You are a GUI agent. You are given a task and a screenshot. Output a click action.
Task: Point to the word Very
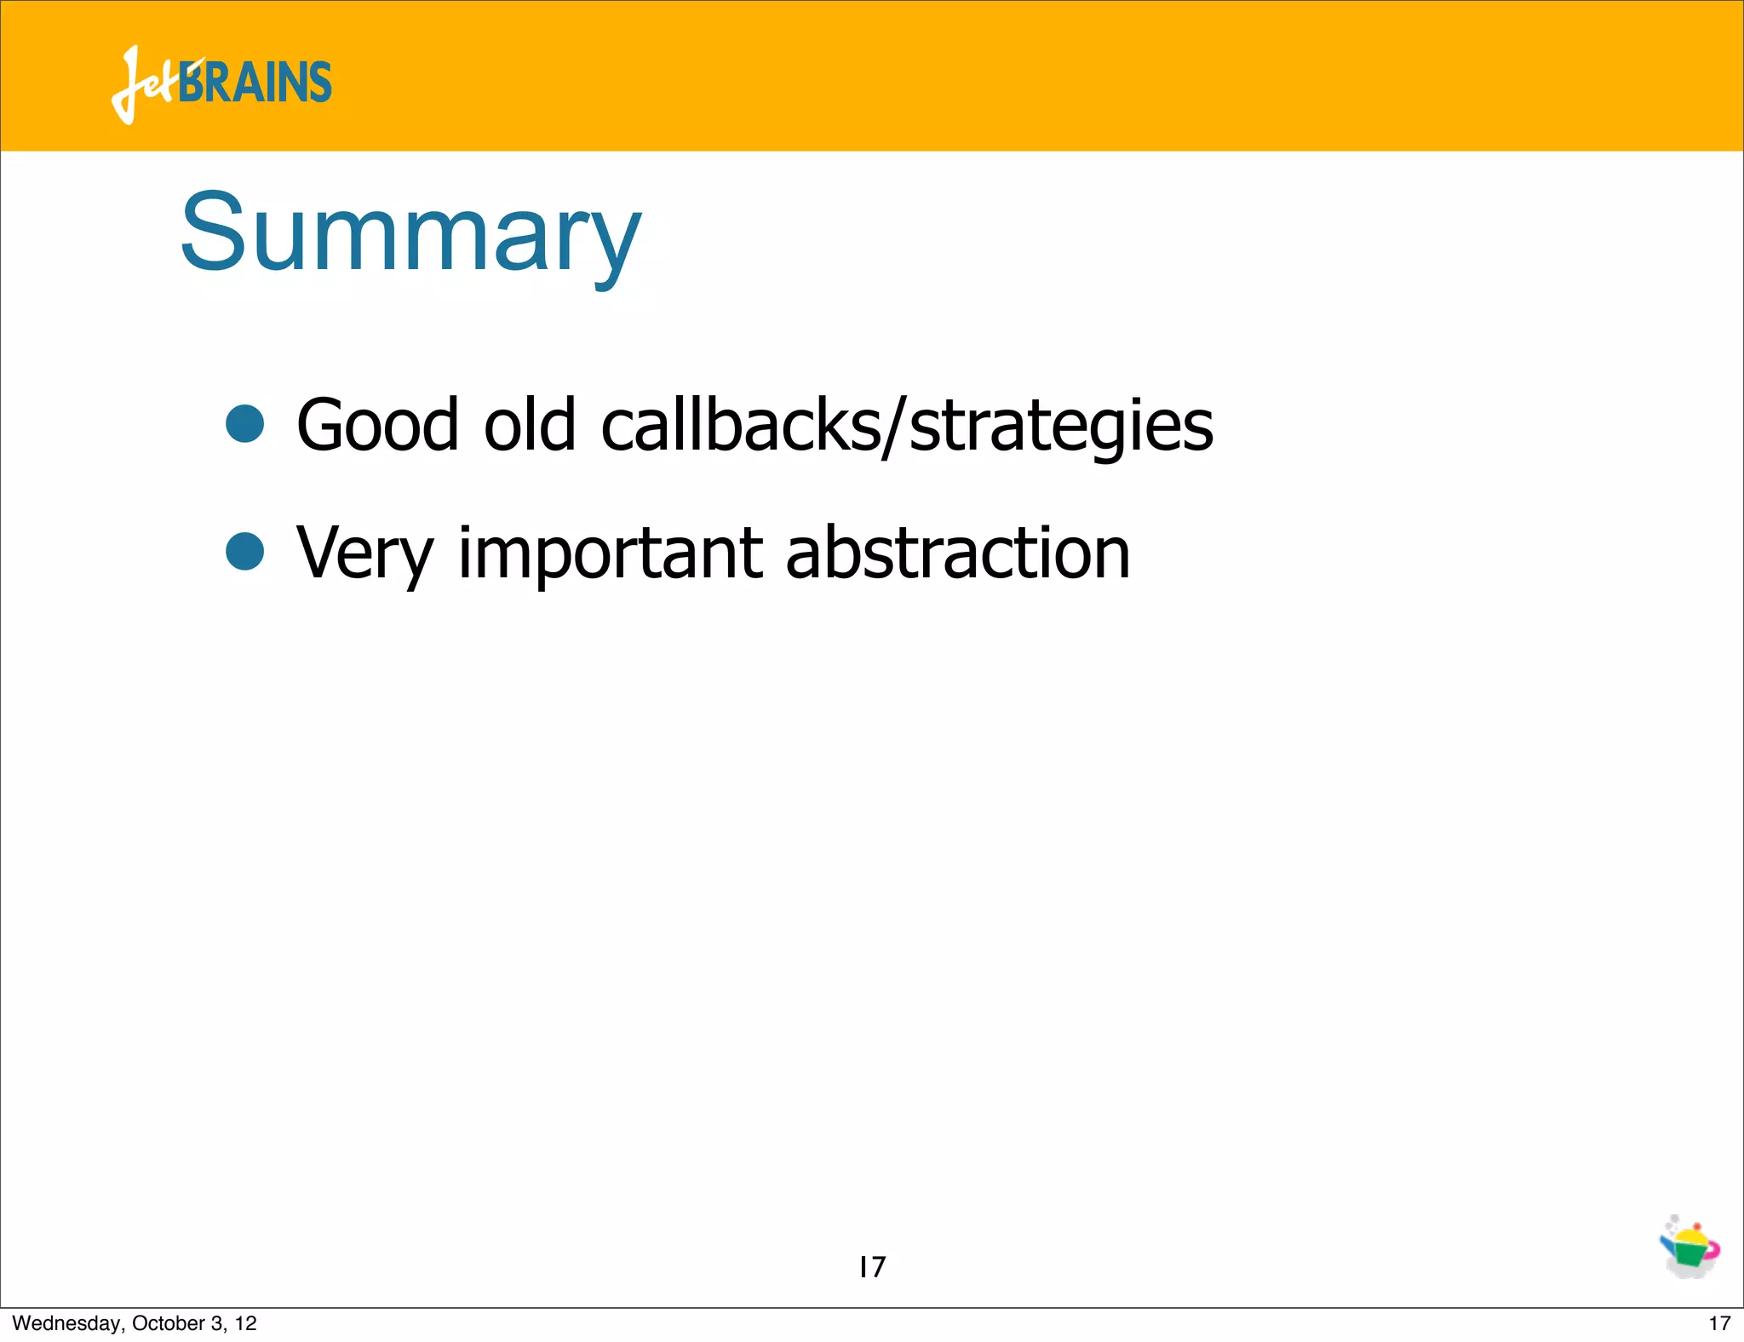tap(364, 553)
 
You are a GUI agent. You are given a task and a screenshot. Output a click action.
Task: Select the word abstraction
tap(958, 553)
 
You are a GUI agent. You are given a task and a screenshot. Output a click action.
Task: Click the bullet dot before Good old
tap(245, 423)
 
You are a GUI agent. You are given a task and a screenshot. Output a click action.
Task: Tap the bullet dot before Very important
tap(245, 551)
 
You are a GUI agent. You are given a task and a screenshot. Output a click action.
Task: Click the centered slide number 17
tap(872, 1267)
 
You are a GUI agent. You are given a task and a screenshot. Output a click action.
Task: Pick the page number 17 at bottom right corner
tap(1719, 1323)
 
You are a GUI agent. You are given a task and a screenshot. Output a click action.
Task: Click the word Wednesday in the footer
tap(67, 1323)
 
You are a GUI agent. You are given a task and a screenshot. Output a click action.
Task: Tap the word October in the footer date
tap(169, 1323)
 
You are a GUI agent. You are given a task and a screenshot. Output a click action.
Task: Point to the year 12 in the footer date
tap(246, 1323)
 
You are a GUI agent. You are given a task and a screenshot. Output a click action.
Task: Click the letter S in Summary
tap(213, 232)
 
